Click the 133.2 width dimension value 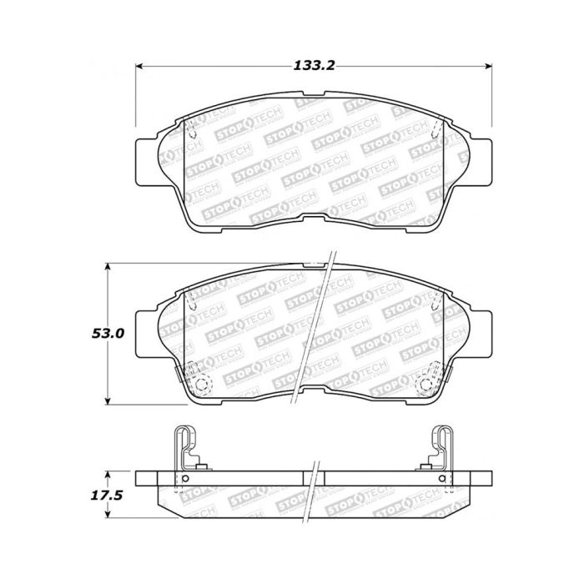[x=315, y=66]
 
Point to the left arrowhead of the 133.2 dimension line [x=141, y=66]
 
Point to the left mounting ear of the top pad [x=146, y=158]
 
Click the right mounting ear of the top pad [x=481, y=158]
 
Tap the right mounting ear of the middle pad [x=481, y=332]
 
